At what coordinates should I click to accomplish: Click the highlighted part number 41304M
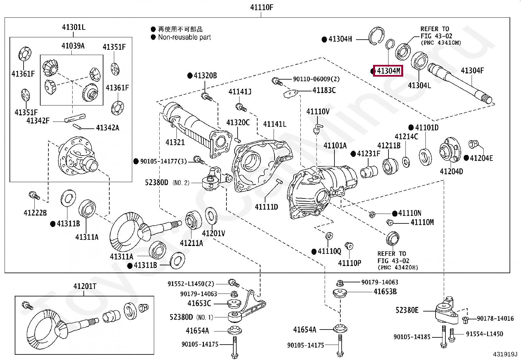tap(388, 71)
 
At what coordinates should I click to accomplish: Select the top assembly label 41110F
tap(261, 7)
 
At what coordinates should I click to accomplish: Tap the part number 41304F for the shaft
tap(472, 70)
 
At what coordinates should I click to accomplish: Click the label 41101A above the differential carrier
tap(335, 145)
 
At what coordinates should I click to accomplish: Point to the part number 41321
tap(175, 142)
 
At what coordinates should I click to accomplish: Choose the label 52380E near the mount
tap(407, 310)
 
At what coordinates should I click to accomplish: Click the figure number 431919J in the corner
tap(505, 354)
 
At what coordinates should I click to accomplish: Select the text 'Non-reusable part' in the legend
tap(185, 37)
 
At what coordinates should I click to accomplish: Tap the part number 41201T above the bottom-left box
tap(85, 286)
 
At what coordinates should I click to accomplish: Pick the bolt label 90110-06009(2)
tap(316, 79)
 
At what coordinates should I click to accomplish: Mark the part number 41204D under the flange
tap(451, 171)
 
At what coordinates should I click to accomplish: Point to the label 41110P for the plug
tap(350, 263)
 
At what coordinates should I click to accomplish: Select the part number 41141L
tap(275, 124)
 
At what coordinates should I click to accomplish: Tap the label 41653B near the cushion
tap(385, 291)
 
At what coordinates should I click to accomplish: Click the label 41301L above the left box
tap(74, 27)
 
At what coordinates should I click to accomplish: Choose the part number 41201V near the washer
tap(213, 233)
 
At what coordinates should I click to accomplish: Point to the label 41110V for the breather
tap(318, 112)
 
